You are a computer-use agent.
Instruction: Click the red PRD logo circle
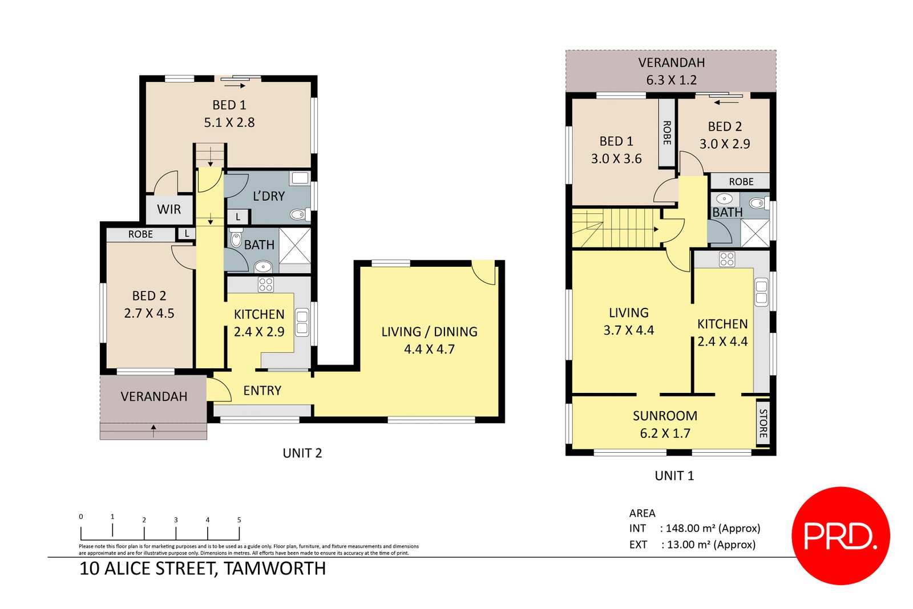tap(840, 535)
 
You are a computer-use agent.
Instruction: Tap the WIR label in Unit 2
tap(169, 209)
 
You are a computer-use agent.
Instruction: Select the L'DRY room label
tap(268, 196)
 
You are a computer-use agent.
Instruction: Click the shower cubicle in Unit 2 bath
tap(295, 245)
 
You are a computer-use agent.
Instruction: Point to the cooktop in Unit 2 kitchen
tap(266, 285)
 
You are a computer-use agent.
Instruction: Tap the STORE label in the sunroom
tap(763, 423)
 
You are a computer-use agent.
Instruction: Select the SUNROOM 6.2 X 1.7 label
tap(665, 424)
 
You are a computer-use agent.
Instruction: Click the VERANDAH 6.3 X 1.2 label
tap(671, 71)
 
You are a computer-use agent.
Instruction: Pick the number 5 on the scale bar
tap(239, 520)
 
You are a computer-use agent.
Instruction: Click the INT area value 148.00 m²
tap(709, 529)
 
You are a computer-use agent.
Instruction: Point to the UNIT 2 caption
tap(302, 453)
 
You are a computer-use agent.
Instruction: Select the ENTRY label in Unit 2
tap(262, 391)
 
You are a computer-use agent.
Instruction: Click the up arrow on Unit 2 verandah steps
tap(153, 430)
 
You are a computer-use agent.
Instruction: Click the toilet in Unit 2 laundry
tap(298, 214)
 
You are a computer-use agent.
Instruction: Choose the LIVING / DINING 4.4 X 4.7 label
tap(429, 340)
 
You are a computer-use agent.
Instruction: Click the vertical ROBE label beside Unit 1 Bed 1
tap(666, 133)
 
